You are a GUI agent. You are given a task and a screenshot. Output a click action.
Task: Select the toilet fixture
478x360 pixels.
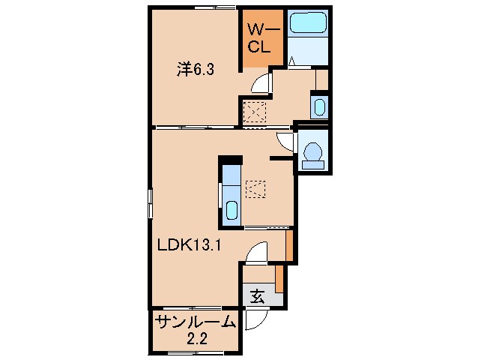pos(312,153)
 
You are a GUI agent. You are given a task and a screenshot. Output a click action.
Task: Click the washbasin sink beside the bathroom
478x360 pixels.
pos(318,106)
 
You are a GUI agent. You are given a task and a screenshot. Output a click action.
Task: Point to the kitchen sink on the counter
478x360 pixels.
pos(232,211)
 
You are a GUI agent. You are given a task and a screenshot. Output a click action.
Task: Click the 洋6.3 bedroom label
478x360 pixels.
pos(196,69)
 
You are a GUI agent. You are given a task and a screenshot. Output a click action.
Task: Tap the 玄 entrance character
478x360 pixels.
pos(257,296)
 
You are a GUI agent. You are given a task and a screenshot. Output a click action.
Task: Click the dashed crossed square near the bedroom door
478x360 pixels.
pos(255,112)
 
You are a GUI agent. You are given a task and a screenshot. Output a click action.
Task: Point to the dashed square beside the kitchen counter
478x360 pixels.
pos(255,188)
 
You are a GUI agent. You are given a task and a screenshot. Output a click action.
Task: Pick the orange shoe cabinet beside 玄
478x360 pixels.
pos(279,279)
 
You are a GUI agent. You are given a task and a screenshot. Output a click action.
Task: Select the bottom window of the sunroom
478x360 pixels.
pos(193,352)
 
